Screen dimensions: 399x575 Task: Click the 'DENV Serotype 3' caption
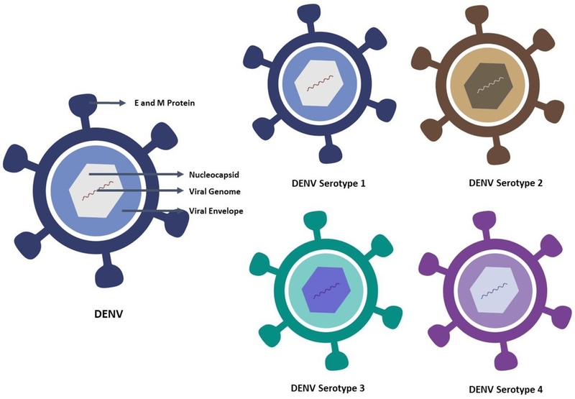pyautogui.click(x=323, y=388)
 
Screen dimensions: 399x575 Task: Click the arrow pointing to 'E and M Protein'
pyautogui.click(x=109, y=104)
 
